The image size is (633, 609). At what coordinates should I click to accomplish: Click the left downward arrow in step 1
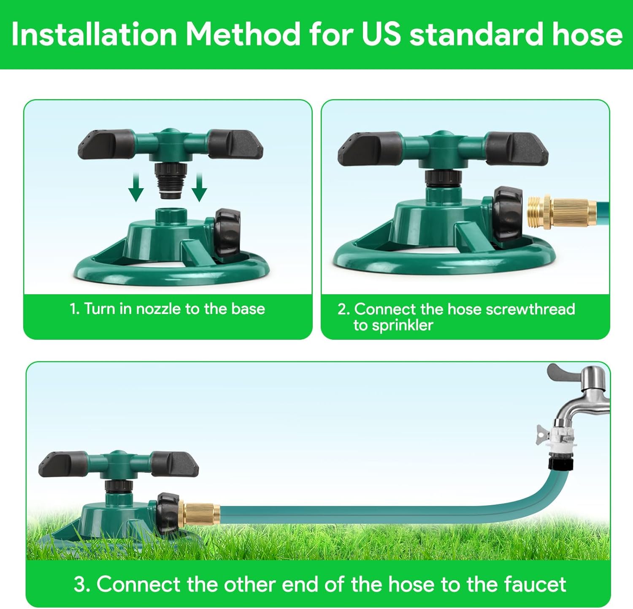[136, 188]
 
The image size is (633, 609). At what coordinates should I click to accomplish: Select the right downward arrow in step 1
[199, 188]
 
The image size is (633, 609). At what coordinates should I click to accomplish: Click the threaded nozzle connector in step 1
[170, 181]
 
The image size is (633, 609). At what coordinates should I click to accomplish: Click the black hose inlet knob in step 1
[227, 233]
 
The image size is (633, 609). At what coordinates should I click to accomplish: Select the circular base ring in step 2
[443, 266]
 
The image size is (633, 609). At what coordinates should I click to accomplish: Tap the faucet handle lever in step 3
[563, 372]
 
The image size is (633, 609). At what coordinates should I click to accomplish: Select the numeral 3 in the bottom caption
[79, 585]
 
